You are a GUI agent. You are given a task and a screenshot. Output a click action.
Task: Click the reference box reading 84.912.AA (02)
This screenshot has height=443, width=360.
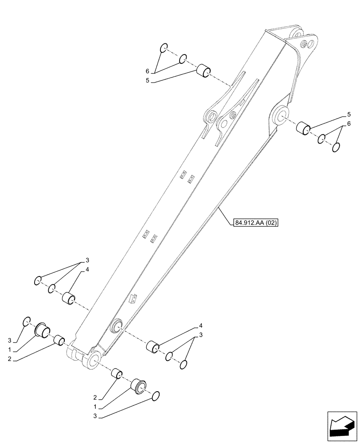tap(255, 223)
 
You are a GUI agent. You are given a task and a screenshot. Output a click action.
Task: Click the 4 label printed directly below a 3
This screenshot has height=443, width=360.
tap(87, 269)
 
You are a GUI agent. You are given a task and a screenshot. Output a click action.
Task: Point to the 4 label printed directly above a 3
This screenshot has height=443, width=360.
tap(200, 328)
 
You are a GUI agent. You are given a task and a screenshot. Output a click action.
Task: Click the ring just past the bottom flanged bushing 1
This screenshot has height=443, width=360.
tap(155, 396)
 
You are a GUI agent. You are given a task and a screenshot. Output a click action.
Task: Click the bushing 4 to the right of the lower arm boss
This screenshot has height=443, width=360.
tap(153, 346)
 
